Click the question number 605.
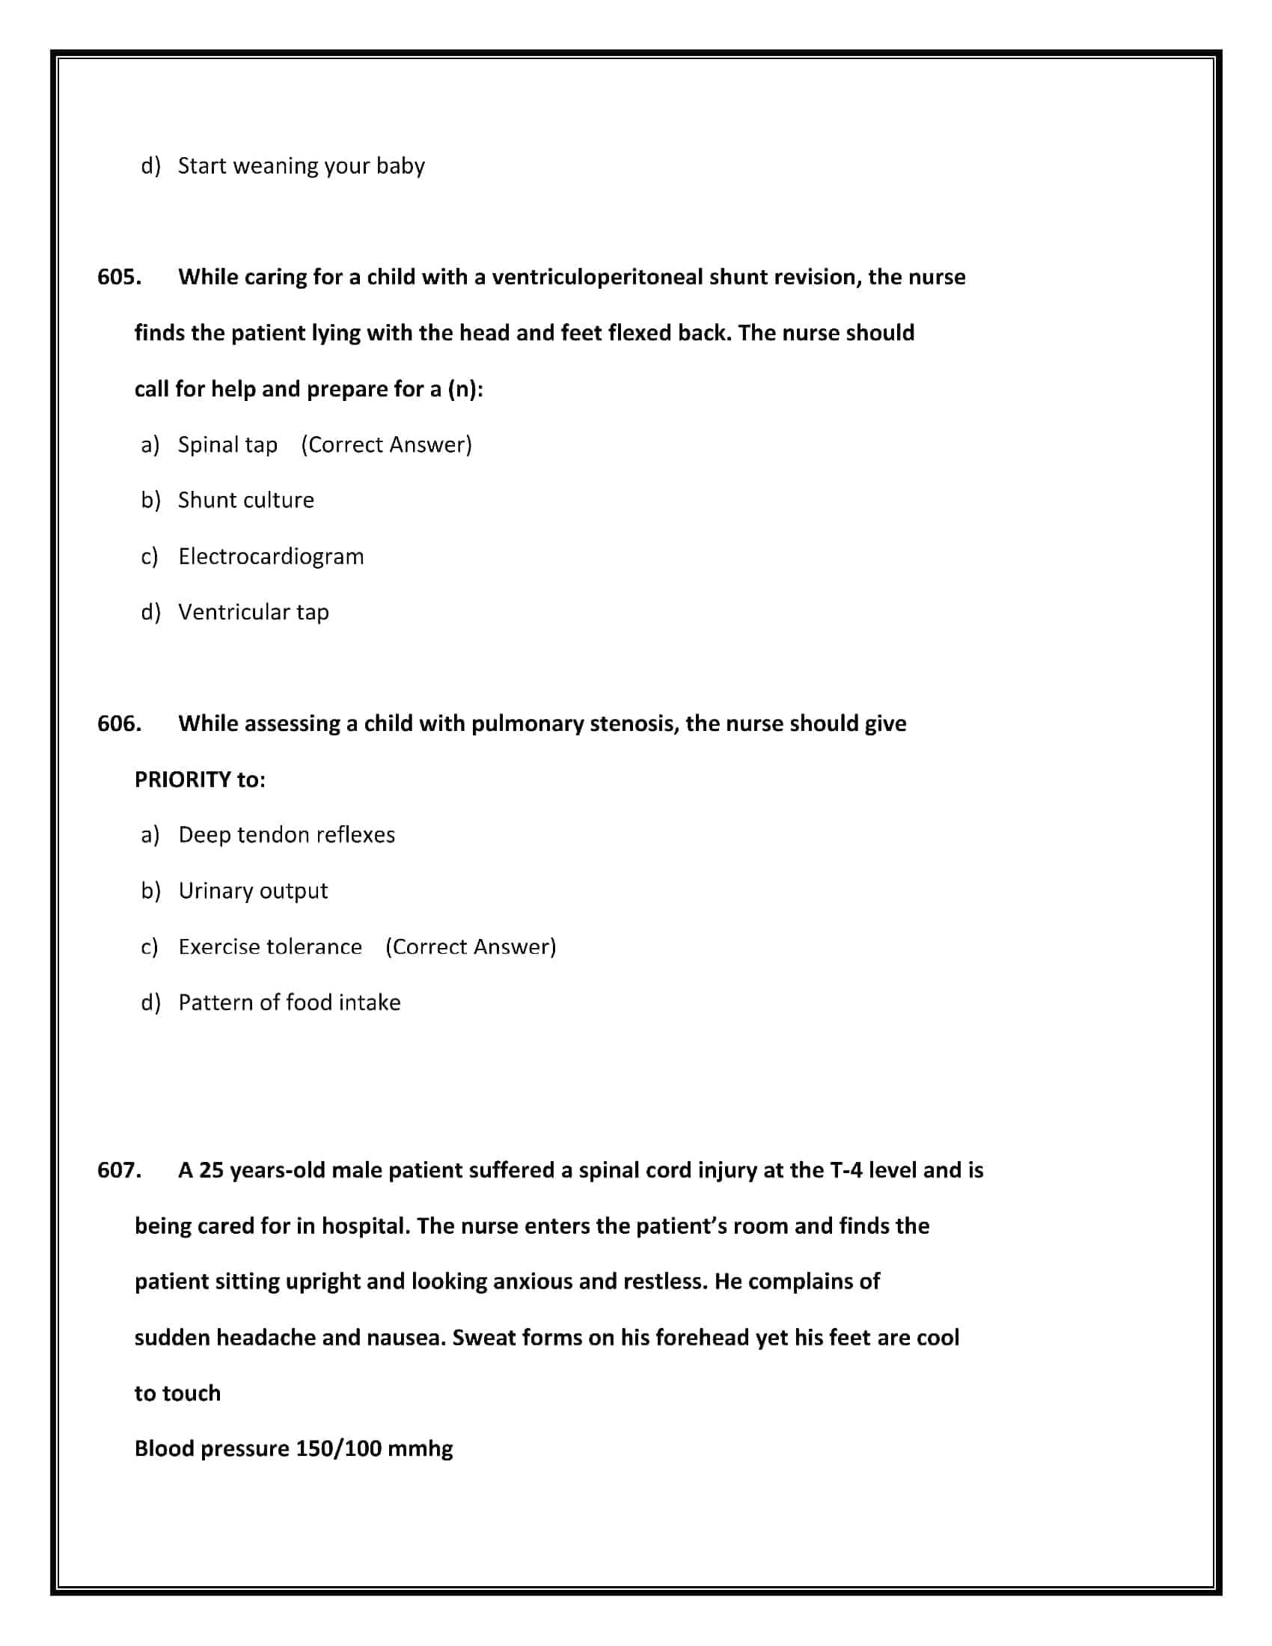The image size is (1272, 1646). [119, 278]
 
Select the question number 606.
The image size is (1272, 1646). [119, 723]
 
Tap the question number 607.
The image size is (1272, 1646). [119, 1169]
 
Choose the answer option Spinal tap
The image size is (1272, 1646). [227, 444]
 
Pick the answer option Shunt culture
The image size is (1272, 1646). [245, 501]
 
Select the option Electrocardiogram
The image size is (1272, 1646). [271, 556]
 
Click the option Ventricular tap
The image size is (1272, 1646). [253, 612]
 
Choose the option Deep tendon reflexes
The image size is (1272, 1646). [287, 835]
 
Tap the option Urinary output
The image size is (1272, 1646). [253, 891]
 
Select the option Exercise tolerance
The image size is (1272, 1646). [270, 946]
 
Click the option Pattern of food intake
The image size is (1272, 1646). [290, 1003]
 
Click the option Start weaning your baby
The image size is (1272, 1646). [302, 166]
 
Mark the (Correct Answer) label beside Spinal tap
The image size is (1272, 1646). [387, 444]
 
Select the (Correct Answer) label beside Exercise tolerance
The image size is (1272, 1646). [471, 946]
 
